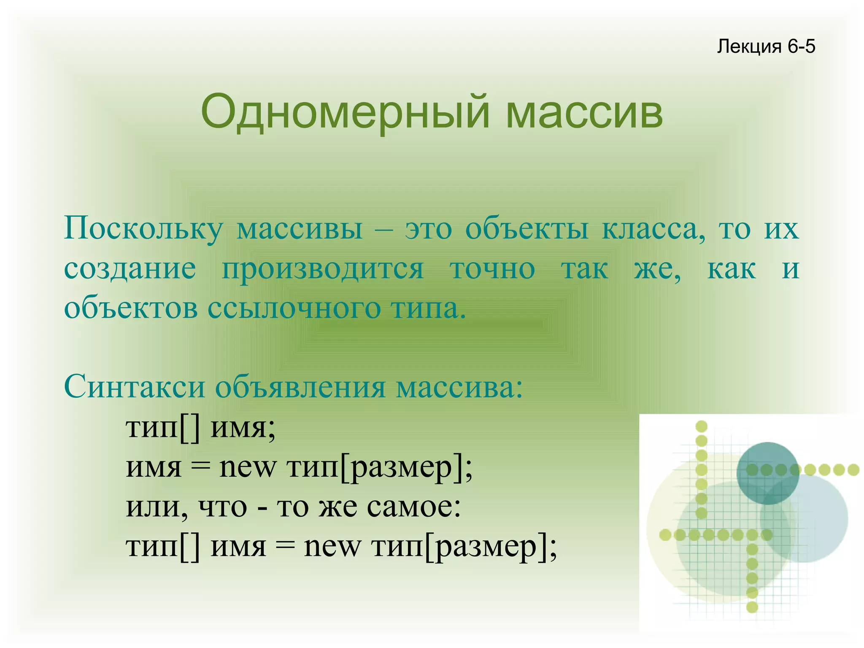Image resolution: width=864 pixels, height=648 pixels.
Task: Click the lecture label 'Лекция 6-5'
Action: (766, 46)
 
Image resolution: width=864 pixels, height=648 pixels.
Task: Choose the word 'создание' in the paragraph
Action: (130, 268)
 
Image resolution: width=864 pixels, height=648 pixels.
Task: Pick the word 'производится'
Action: (322, 268)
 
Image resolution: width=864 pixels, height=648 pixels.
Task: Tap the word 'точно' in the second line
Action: (493, 268)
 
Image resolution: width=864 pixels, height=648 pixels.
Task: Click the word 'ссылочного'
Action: (294, 308)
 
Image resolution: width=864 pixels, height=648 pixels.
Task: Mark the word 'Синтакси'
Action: (134, 387)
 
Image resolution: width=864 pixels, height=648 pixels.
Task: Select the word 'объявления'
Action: (300, 387)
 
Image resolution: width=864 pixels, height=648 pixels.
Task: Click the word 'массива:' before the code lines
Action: (459, 387)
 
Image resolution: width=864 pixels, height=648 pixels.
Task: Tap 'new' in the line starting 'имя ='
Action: (248, 467)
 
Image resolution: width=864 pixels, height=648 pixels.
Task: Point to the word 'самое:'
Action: (413, 507)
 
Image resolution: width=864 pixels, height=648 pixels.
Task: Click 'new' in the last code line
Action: (332, 546)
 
